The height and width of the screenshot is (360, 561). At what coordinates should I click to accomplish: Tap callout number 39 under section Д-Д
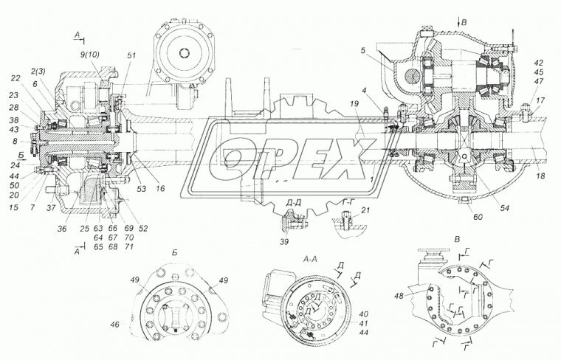coord(286,241)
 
